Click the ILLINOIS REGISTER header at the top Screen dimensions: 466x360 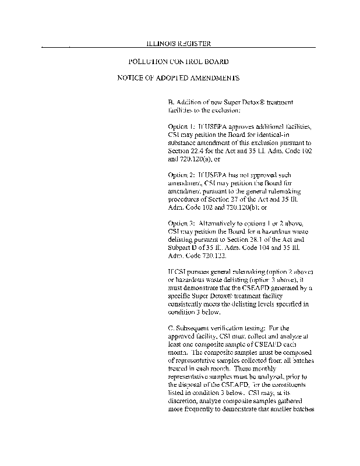[181, 43]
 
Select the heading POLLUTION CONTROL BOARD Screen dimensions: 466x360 [178, 61]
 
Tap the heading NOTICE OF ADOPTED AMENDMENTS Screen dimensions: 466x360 [178, 77]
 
